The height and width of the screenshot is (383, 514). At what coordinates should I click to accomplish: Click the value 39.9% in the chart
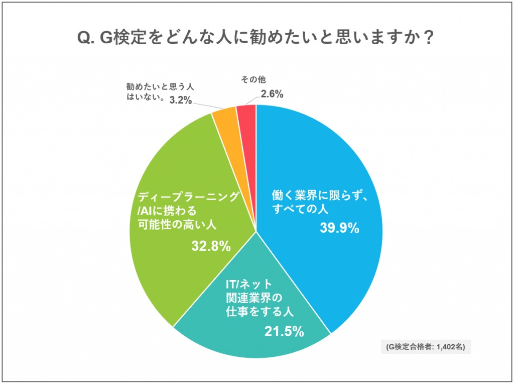pyautogui.click(x=339, y=228)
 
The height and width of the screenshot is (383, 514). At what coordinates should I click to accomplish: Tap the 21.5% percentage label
pyautogui.click(x=284, y=331)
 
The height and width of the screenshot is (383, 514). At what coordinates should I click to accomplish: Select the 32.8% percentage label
pyautogui.click(x=211, y=246)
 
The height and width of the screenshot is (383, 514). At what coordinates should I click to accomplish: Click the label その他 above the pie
pyautogui.click(x=253, y=79)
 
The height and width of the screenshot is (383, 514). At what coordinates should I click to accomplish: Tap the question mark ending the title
pyautogui.click(x=428, y=38)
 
